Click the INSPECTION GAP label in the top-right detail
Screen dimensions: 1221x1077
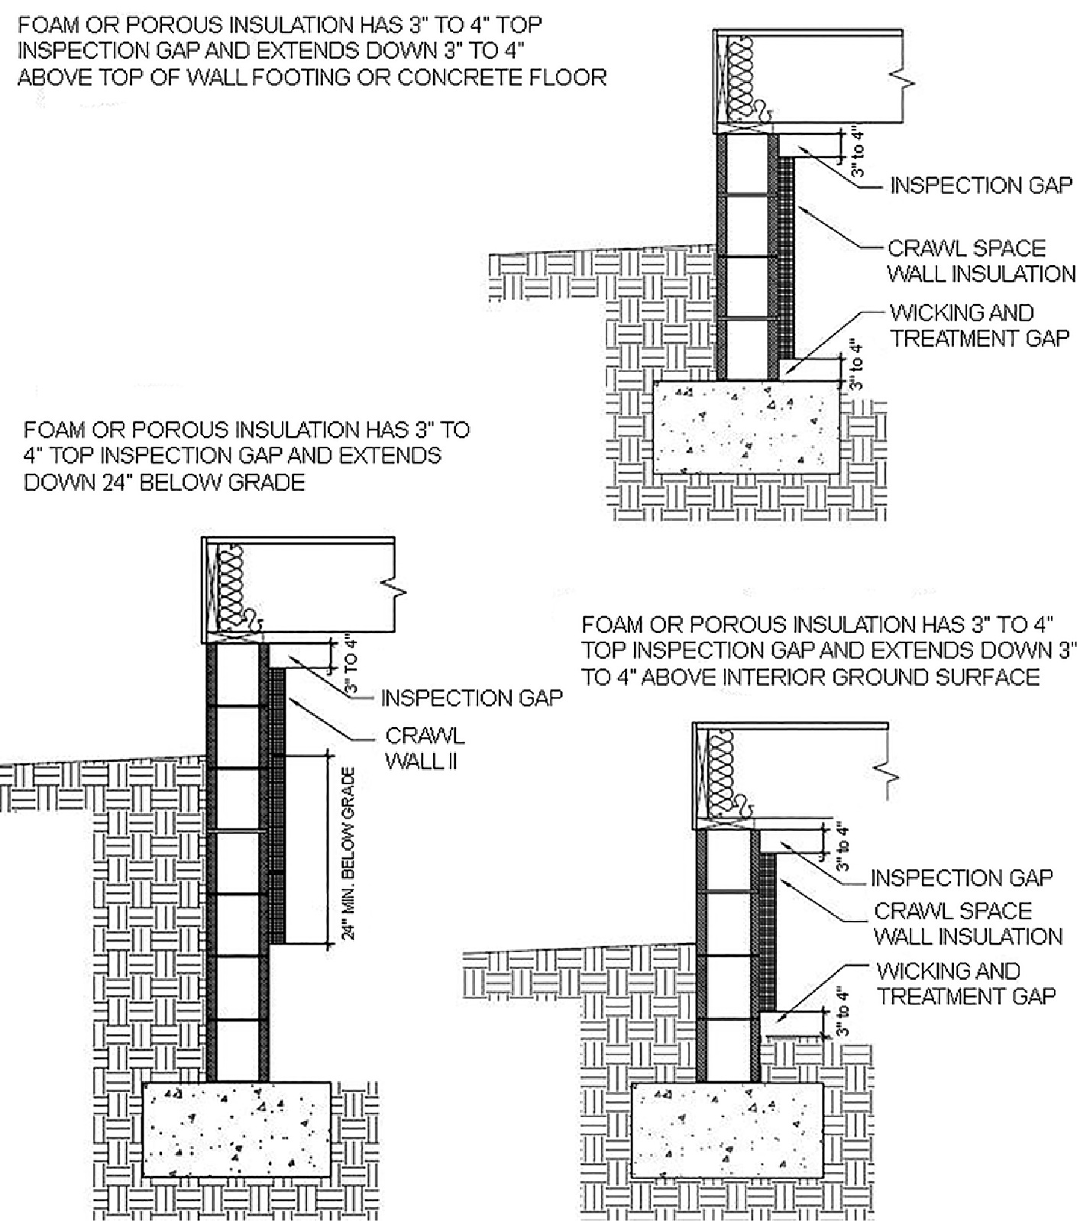click(x=981, y=186)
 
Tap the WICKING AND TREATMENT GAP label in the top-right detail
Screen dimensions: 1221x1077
click(x=978, y=325)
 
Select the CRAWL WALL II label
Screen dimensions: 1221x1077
click(x=424, y=748)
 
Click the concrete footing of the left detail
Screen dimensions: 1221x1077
click(x=237, y=1129)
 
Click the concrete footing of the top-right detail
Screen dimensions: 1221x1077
click(x=747, y=427)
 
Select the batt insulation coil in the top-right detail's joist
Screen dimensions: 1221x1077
click(x=740, y=79)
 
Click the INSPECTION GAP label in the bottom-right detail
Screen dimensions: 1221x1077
click(x=961, y=878)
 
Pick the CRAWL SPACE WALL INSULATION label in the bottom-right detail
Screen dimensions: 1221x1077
click(x=967, y=924)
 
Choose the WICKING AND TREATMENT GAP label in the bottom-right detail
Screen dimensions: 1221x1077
click(x=965, y=984)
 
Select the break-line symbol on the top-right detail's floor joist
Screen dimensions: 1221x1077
click(x=907, y=80)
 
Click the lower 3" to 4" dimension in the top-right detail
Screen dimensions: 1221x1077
click(x=856, y=364)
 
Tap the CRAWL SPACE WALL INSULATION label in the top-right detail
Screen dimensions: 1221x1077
click(x=981, y=260)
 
